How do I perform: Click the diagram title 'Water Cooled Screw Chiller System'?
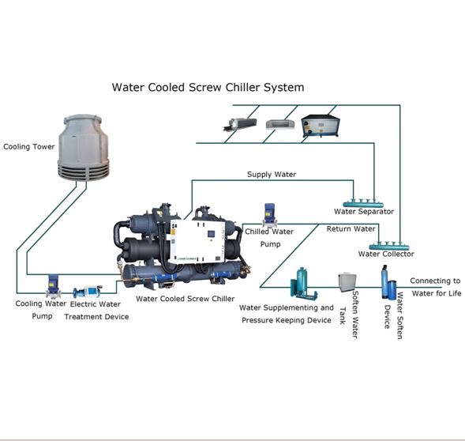point(208,87)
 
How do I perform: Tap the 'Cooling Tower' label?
point(29,147)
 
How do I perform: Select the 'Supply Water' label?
point(272,174)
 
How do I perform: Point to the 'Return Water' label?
point(351,229)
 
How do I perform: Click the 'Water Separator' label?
point(364,212)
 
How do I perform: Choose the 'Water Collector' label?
point(386,254)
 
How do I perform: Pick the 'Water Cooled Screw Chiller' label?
point(185,299)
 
